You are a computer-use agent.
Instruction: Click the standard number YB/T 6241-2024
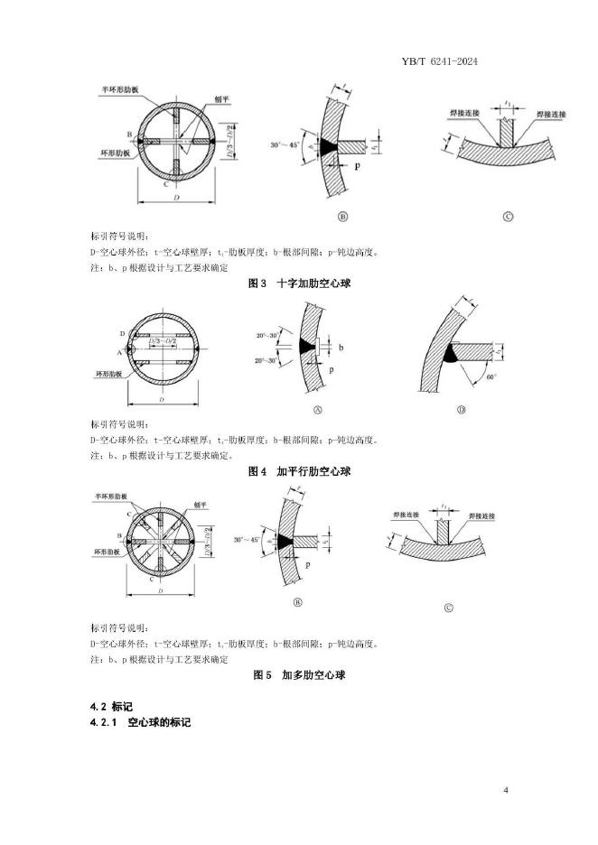coord(437,61)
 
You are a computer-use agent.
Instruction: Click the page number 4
coord(506,792)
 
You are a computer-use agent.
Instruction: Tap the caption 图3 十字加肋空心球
coord(299,283)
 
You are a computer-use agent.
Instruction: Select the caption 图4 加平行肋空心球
coord(299,471)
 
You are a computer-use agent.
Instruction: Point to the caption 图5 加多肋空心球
coord(299,674)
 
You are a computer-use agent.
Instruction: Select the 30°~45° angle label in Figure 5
coord(248,539)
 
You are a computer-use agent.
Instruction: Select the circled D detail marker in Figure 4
coord(460,410)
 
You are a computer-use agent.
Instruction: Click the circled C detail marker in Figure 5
coord(448,608)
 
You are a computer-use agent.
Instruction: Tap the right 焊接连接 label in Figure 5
coord(486,515)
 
